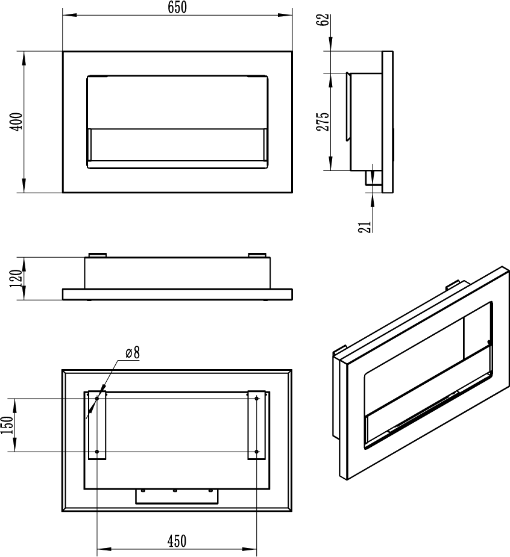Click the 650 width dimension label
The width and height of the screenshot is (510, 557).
[x=177, y=7]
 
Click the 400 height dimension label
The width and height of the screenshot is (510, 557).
[x=17, y=122]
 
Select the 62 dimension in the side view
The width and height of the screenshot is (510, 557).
[x=324, y=20]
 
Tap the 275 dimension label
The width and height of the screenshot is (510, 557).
[x=323, y=122]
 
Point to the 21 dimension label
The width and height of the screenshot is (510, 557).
[x=365, y=227]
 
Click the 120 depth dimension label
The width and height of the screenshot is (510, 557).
[x=16, y=278]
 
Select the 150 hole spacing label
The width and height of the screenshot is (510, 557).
[x=7, y=425]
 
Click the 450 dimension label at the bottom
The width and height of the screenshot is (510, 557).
[x=177, y=541]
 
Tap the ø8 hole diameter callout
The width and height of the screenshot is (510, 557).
[x=133, y=353]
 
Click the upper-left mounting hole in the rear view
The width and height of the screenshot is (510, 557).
[x=97, y=399]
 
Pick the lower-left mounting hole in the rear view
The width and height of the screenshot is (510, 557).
[x=97, y=452]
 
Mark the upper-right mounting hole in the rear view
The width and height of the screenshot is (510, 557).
[x=257, y=399]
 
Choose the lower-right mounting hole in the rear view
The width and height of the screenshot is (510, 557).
[x=257, y=452]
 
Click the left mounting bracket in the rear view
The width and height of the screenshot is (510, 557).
[x=97, y=425]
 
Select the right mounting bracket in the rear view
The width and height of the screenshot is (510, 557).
[x=257, y=425]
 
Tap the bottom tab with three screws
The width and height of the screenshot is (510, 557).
[x=177, y=496]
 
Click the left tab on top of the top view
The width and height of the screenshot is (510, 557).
[x=97, y=255]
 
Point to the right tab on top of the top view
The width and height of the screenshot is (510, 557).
[x=257, y=255]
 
